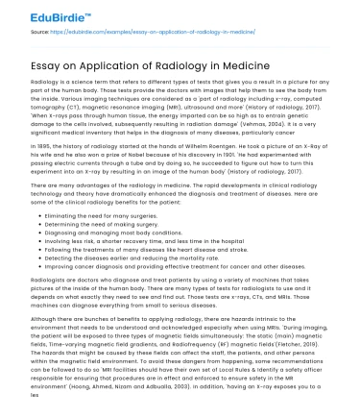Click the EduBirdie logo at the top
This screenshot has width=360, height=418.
(x=37, y=12)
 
